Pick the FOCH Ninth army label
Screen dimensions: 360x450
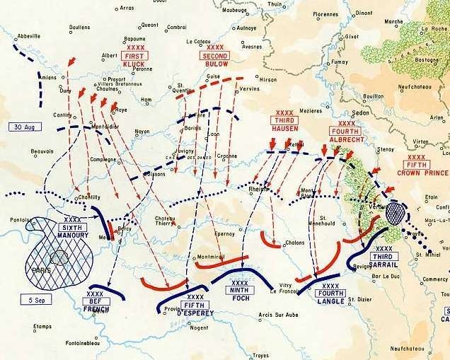tap(240, 289)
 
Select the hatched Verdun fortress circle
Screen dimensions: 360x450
tap(397, 211)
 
